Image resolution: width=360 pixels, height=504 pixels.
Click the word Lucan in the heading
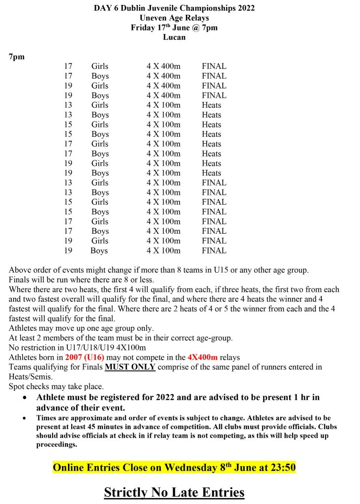click(x=174, y=37)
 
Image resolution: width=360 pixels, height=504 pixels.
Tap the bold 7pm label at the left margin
click(x=17, y=57)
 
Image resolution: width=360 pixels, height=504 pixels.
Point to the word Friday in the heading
click(x=143, y=28)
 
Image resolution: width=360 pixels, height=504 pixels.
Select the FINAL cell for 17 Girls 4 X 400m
click(x=214, y=66)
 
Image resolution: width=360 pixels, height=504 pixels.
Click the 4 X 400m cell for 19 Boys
click(x=163, y=95)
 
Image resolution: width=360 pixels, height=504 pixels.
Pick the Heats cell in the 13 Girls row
click(x=211, y=105)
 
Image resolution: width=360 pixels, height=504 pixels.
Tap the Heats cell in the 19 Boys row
click(x=211, y=173)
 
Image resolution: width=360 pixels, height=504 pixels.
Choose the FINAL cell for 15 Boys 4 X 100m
click(x=214, y=212)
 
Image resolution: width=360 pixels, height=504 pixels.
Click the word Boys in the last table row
click(x=99, y=251)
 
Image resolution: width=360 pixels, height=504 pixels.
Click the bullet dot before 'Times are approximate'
click(x=25, y=418)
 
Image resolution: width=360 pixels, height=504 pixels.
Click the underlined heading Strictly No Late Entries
click(x=174, y=492)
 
